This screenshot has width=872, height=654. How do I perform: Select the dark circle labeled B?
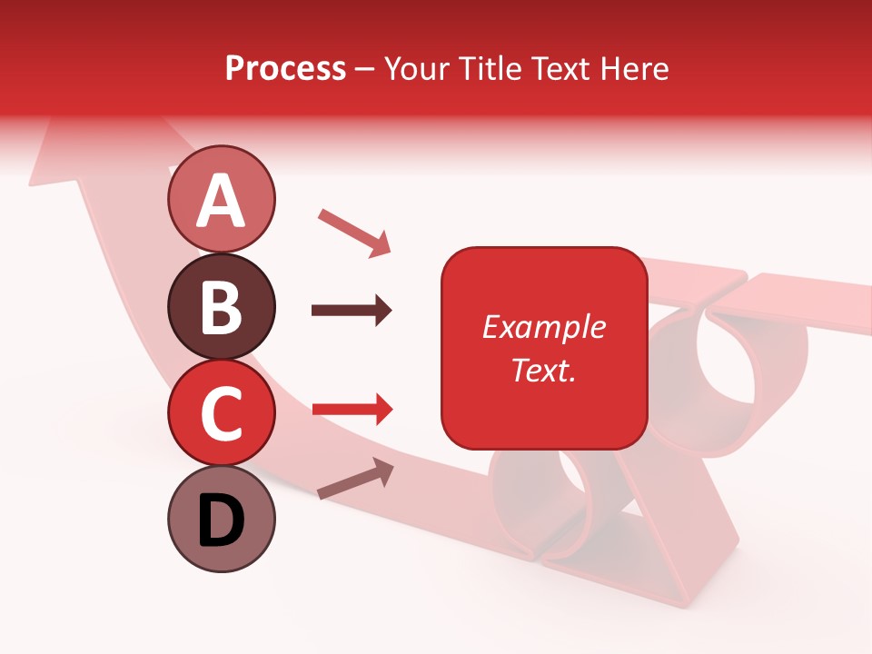pos(221,305)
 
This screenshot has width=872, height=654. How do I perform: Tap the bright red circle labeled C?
pos(221,412)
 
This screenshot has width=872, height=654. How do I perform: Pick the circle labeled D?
pos(221,519)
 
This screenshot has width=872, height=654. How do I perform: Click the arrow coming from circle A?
pos(354,233)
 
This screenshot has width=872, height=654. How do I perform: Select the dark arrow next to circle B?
pos(352,311)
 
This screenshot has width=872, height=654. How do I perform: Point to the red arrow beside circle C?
pos(352,410)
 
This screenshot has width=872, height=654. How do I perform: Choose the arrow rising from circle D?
pos(355,479)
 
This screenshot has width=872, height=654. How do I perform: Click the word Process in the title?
pos(285,68)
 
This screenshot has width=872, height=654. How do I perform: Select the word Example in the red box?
pos(543,327)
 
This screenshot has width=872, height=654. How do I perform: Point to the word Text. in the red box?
pos(543,370)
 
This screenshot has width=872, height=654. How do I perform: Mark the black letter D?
pos(221,521)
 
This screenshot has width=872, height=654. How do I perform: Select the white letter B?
pos(221,307)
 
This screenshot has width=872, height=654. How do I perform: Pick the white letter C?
pos(221,414)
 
